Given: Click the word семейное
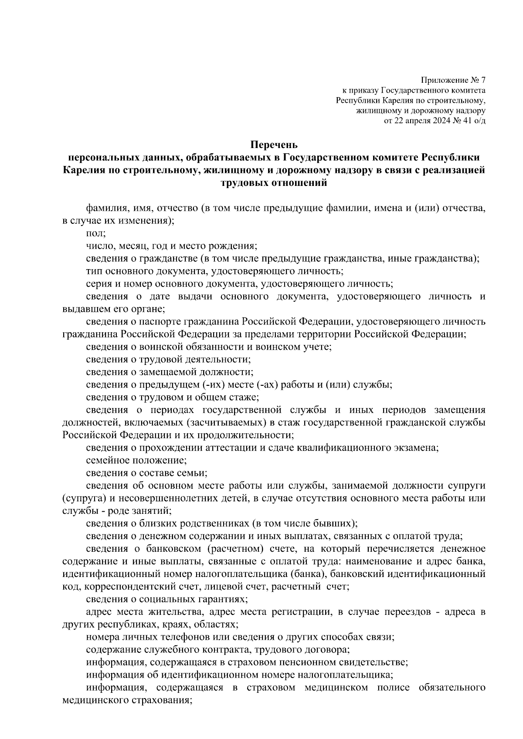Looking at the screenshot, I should [x=106, y=460].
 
